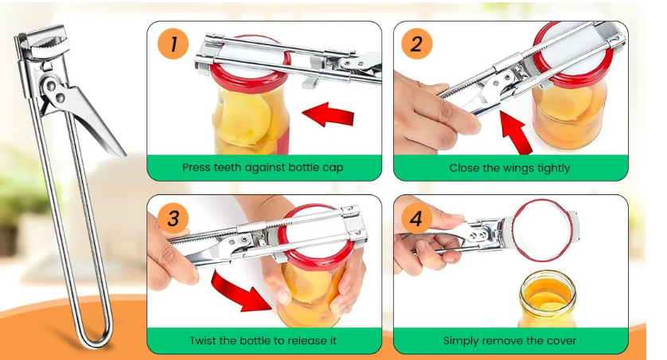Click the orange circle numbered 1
[174, 44]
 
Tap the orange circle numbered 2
[417, 44]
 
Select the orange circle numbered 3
[174, 218]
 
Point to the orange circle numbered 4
[417, 218]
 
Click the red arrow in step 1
[328, 114]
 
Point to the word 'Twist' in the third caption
[202, 340]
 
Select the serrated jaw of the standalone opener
[50, 45]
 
